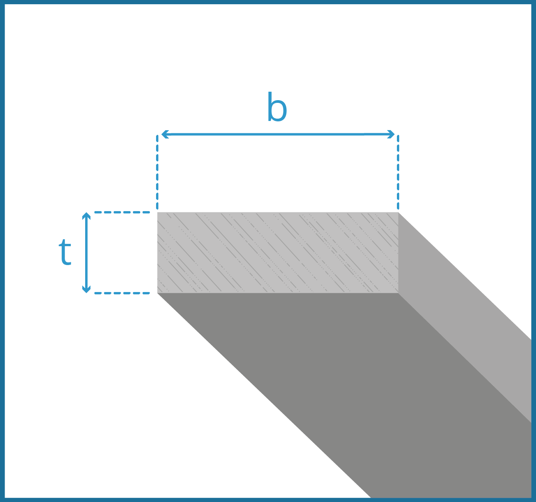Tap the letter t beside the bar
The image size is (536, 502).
pyautogui.click(x=66, y=252)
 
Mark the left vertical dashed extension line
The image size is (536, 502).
pyautogui.click(x=157, y=173)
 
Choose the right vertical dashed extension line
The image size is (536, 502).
pyautogui.click(x=398, y=173)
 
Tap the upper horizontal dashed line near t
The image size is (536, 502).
pyautogui.click(x=121, y=212)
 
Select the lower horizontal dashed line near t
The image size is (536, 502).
pyautogui.click(x=121, y=293)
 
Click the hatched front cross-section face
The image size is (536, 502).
pyautogui.click(x=277, y=252)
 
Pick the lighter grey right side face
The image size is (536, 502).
pyautogui.click(x=462, y=308)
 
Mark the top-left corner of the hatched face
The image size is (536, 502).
pyautogui.click(x=158, y=212)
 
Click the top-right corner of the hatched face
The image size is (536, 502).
pyautogui.click(x=398, y=212)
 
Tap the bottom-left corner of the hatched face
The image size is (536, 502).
pyautogui.click(x=158, y=293)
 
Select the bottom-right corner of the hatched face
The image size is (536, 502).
pyautogui.click(x=398, y=293)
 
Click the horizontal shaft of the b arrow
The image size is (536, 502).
pyautogui.click(x=277, y=134)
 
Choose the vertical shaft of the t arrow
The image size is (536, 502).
pyautogui.click(x=86, y=252)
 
